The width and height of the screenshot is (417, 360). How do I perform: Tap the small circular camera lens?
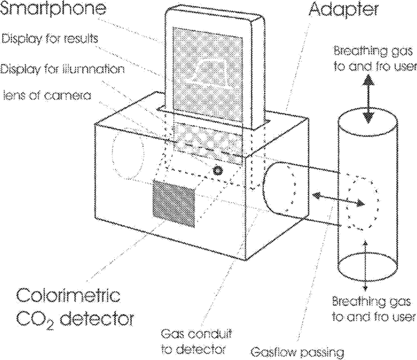[217, 170]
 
